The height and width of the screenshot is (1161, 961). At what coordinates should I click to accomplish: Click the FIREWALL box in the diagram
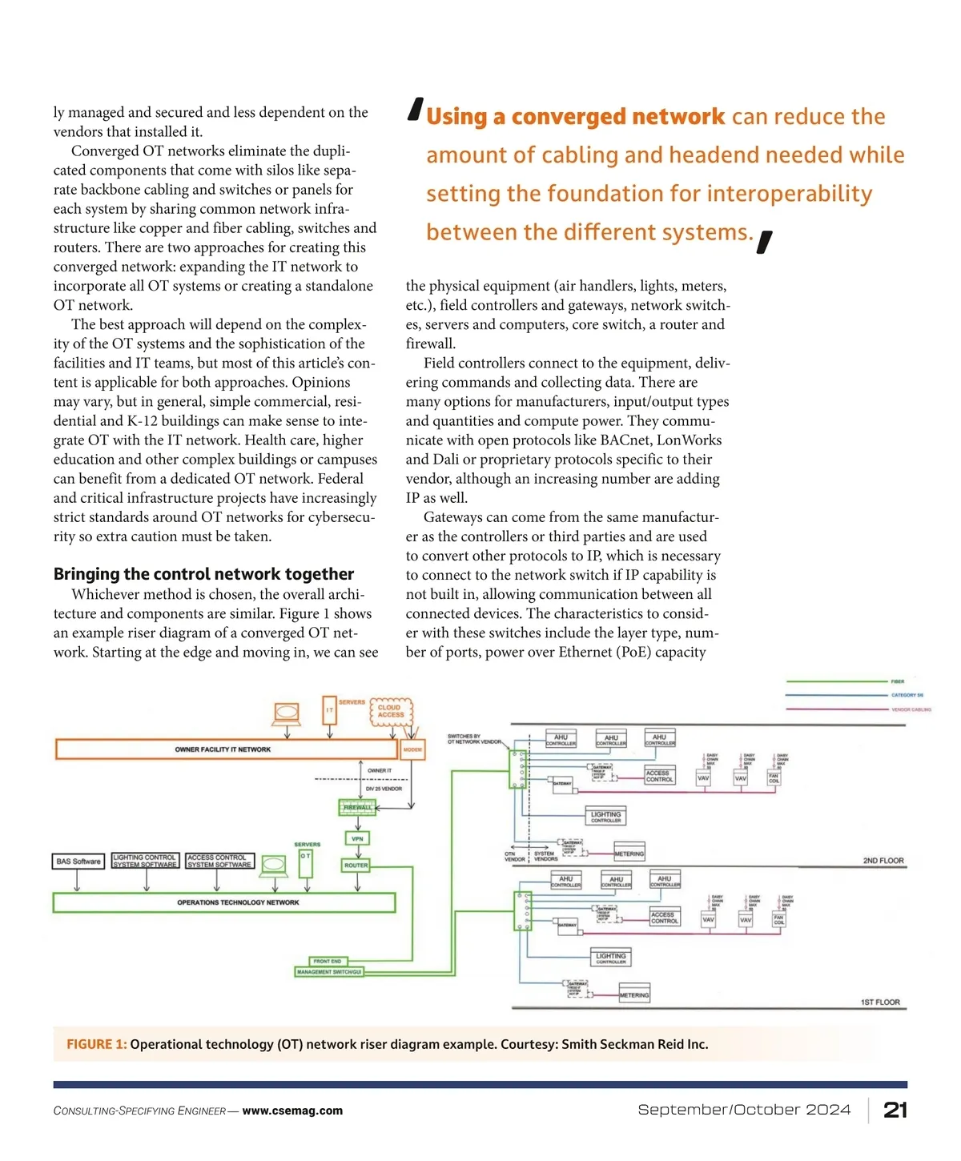357,807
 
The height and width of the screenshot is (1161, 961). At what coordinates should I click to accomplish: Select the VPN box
357,839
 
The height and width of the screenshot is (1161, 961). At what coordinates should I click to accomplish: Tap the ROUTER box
356,866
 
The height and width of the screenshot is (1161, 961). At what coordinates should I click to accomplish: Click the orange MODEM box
412,750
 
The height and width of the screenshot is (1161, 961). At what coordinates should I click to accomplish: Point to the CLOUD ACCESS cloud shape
391,711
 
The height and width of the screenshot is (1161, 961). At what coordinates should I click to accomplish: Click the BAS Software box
78,862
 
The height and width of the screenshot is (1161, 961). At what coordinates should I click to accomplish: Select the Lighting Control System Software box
145,861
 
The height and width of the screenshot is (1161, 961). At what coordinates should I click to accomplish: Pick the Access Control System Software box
219,861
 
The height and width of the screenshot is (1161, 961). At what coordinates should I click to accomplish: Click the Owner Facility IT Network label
223,749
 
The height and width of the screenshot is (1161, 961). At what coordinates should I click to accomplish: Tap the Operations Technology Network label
238,902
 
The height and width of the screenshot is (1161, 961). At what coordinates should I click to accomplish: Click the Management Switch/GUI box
329,972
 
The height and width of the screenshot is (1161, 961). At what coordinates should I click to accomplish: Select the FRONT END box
328,961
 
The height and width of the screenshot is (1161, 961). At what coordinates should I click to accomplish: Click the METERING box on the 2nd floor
629,854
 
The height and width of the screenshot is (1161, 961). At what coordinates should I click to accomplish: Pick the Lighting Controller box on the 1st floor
611,958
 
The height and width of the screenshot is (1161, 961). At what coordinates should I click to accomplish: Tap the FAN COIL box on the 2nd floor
774,778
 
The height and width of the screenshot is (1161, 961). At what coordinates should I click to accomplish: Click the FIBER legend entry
898,681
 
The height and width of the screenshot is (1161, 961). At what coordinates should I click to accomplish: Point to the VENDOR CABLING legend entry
911,709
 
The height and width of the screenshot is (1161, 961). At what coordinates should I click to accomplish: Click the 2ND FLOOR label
883,861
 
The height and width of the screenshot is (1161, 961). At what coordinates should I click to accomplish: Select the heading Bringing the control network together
203,574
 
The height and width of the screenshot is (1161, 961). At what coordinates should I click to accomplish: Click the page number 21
895,1110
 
